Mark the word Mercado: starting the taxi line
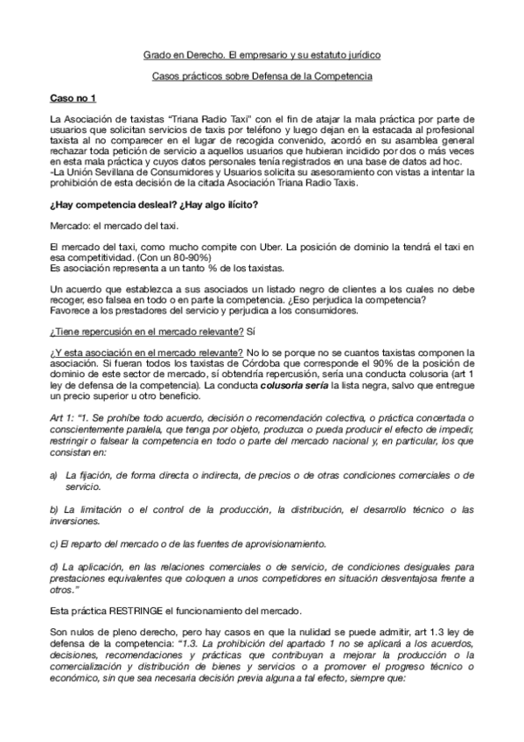[70, 226]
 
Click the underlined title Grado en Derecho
[180, 55]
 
